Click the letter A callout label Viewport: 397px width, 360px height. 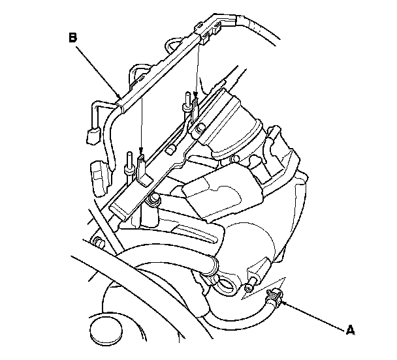pyautogui.click(x=351, y=330)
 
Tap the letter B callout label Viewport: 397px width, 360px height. pyautogui.click(x=72, y=38)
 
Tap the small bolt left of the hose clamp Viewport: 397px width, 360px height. pyautogui.click(x=250, y=286)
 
